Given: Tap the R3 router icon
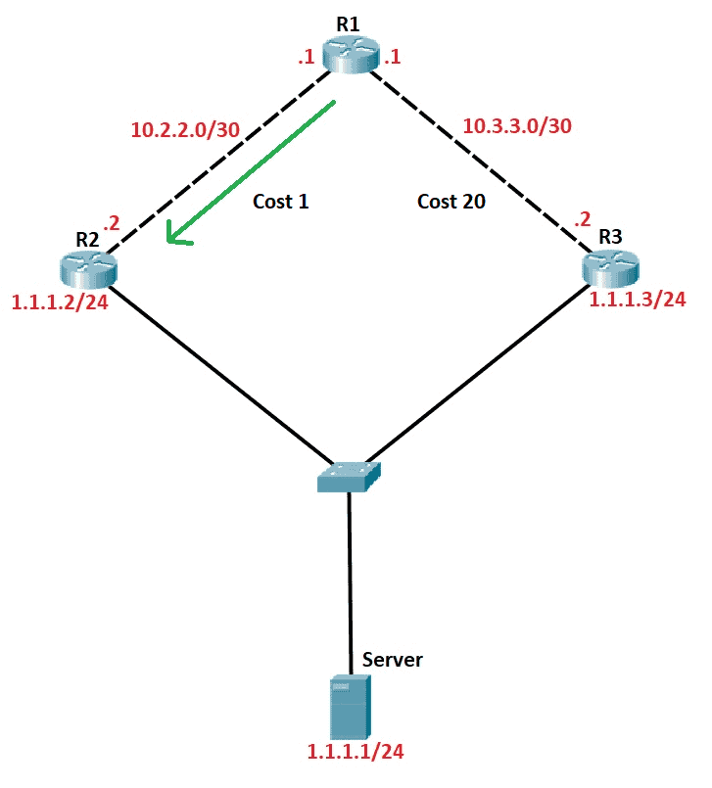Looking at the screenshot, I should pos(609,266).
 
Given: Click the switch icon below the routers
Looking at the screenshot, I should pos(350,478).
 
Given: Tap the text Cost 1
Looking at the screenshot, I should pos(280,202).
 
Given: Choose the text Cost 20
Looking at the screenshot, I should pos(451,202).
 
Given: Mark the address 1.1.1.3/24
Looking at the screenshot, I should pos(637,300).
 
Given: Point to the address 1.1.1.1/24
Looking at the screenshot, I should pos(356,752).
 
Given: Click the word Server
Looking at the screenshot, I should pos(393,660).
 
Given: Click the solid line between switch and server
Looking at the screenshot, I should pos(350,578).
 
